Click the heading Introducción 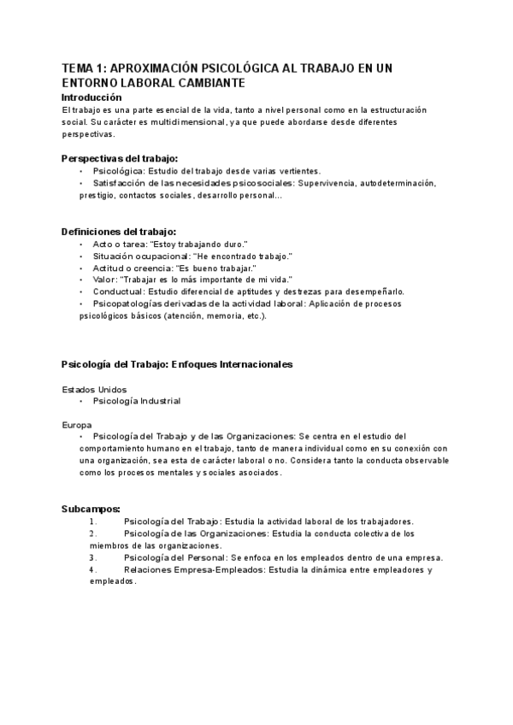[97, 97]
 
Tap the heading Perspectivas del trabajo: [120, 158]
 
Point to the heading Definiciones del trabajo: [119, 232]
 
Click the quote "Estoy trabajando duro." [196, 244]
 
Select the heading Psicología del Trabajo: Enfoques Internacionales [177, 364]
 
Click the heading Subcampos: [91, 509]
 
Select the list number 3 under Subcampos [92, 557]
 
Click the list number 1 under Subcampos [92, 521]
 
